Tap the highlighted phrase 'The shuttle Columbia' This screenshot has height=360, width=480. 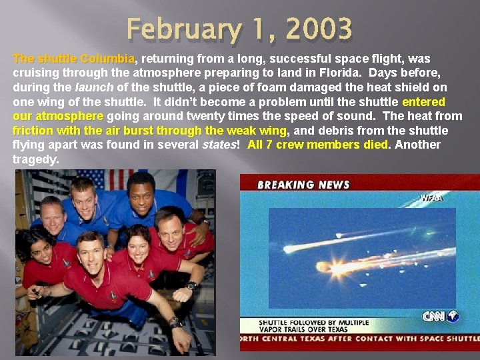[73, 59]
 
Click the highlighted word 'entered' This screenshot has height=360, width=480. [423, 102]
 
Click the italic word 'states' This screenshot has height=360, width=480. [219, 145]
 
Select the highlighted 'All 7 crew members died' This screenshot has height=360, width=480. [317, 145]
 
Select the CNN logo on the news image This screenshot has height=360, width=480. [440, 316]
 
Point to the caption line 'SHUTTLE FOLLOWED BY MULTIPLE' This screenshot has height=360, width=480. [313, 323]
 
